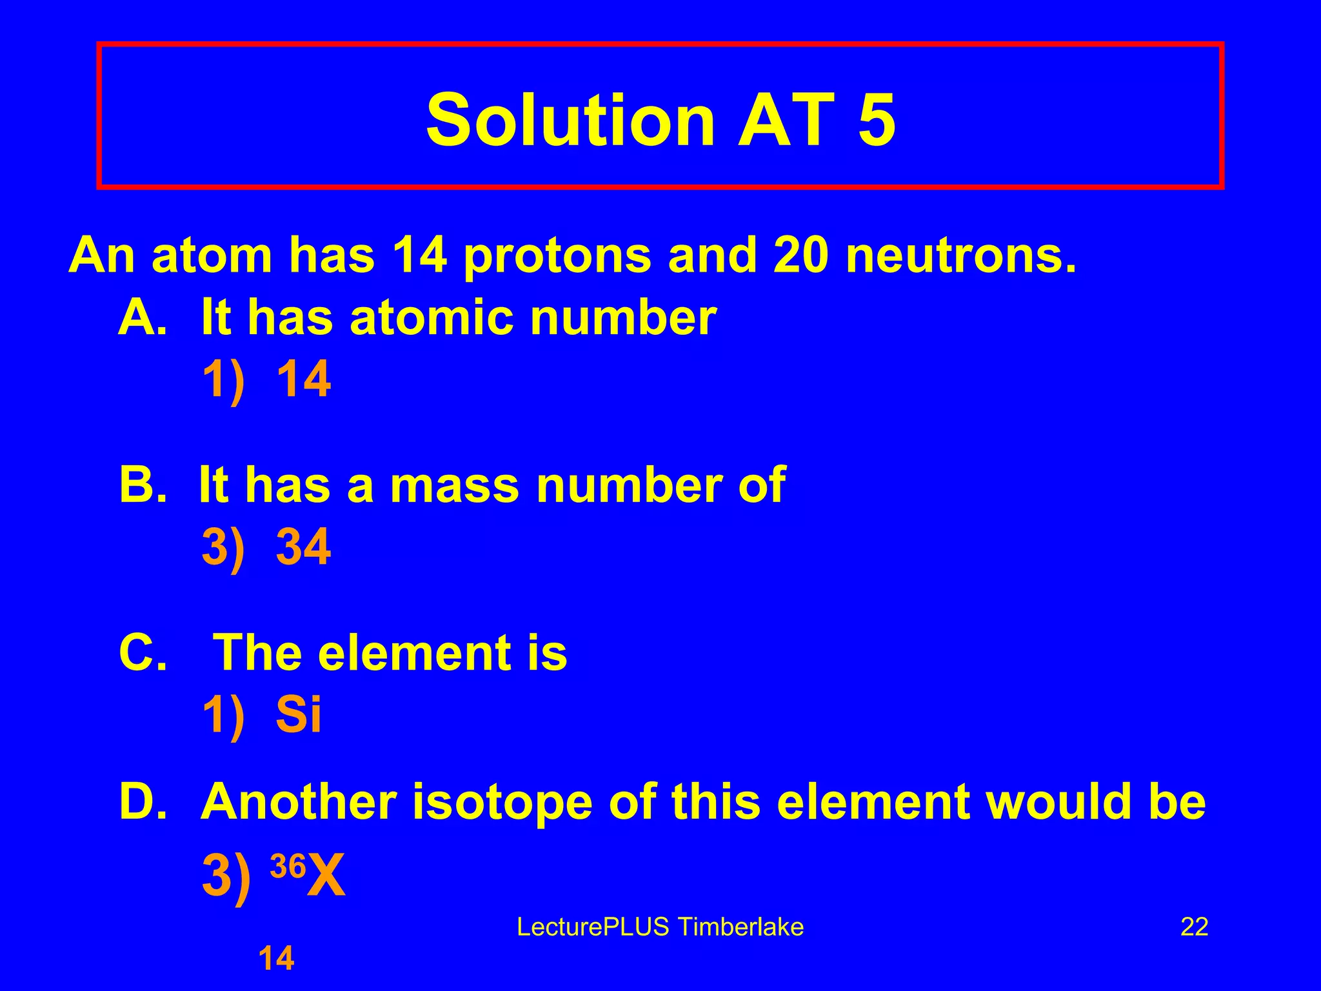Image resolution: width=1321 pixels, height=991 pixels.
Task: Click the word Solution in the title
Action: pos(570,120)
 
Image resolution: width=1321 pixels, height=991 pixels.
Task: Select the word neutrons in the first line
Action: pos(960,255)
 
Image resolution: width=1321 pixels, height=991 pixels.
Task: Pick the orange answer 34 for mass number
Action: pos(304,546)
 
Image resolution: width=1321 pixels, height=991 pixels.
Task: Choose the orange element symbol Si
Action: pos(298,714)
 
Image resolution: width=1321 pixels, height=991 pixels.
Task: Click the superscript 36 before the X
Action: pos(288,866)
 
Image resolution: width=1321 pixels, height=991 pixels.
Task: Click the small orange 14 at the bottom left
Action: pos(276,959)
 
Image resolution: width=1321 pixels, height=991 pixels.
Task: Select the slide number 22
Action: pos(1194,927)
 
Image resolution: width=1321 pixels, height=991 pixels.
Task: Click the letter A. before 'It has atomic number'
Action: pos(143,317)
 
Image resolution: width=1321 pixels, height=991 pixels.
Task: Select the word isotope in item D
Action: pos(502,802)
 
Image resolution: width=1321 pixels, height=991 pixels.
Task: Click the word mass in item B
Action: pos(454,485)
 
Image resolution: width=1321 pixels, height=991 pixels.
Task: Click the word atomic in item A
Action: pos(432,317)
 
